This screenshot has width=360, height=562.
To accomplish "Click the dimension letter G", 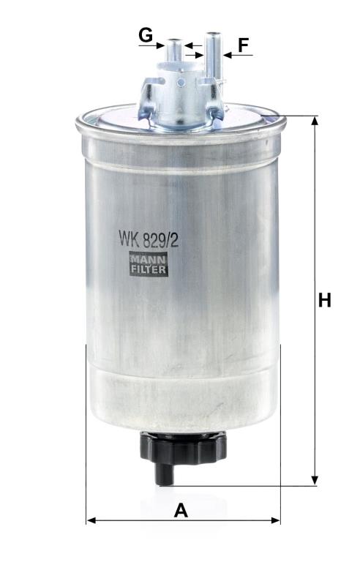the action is pos(146,35).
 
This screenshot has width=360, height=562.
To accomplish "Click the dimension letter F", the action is pos(244,45).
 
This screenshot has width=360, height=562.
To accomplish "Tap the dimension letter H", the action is pos(325,300).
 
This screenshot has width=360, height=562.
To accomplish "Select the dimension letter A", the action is pos(181,510).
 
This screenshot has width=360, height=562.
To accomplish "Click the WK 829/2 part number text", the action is pos(149,239).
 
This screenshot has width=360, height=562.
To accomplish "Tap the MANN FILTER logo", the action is pos(149,263).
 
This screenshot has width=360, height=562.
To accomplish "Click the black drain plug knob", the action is pos(183,447).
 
